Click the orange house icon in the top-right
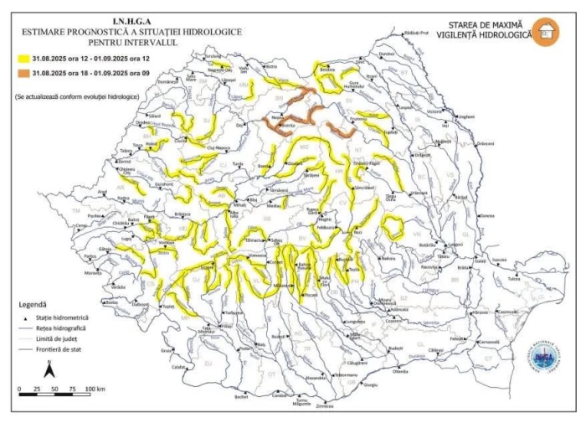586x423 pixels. [x=546, y=31]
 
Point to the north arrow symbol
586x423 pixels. [x=49, y=367]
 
